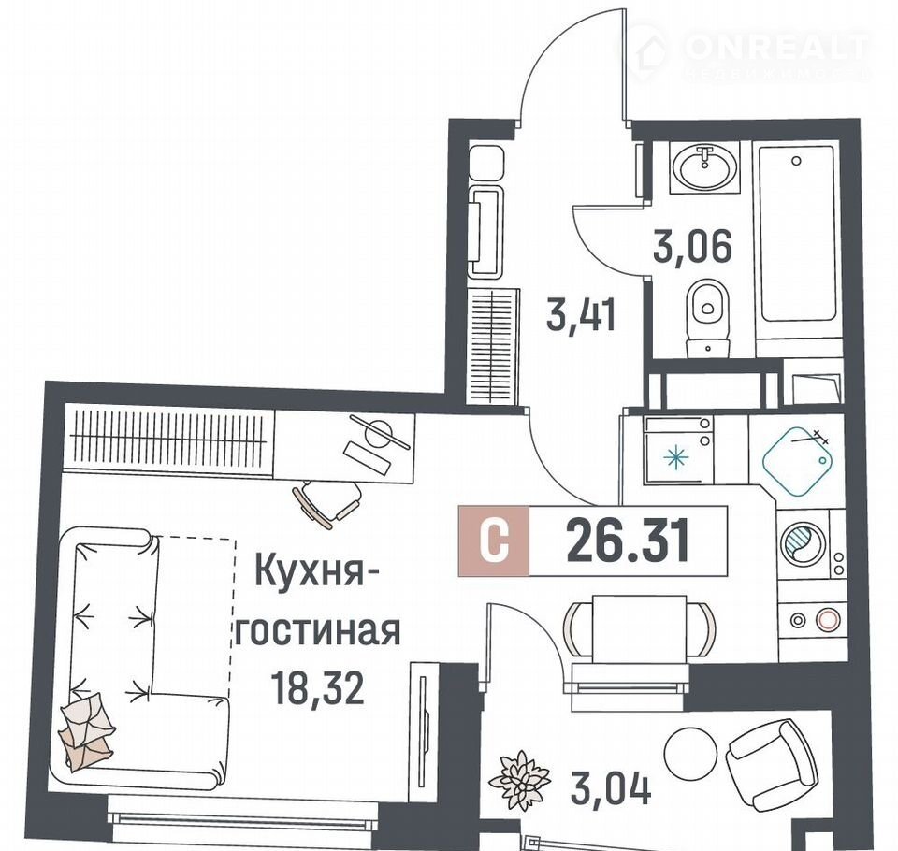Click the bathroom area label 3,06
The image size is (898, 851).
click(692, 247)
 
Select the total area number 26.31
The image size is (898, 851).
click(628, 541)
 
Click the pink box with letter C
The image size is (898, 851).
click(494, 541)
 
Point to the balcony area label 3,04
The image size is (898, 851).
click(611, 789)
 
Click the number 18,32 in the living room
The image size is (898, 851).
click(317, 687)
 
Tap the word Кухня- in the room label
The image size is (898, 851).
click(310, 570)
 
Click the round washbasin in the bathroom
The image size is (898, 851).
click(704, 166)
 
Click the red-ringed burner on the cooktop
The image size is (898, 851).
click(826, 620)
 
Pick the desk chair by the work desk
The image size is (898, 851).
click(327, 501)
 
